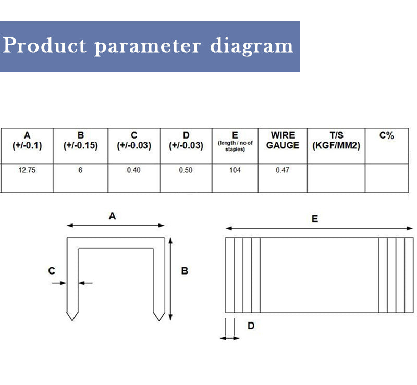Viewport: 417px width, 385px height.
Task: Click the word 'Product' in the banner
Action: (x=44, y=45)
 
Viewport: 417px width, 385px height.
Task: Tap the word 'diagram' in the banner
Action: (x=252, y=46)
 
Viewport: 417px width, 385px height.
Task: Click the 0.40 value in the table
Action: (x=134, y=170)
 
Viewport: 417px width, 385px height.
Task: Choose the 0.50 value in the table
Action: (x=186, y=170)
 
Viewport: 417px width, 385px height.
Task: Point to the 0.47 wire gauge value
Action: (x=283, y=170)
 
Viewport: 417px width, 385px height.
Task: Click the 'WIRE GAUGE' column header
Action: (x=283, y=140)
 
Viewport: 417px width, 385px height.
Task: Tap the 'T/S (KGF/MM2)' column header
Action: (x=336, y=140)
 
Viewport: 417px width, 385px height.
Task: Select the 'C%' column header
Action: (x=387, y=135)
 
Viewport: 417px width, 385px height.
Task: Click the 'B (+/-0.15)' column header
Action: (x=81, y=140)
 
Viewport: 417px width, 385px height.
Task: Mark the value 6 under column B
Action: (x=80, y=170)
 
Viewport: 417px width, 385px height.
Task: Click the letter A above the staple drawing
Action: (x=112, y=216)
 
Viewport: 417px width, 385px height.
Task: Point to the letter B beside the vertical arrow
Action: (x=185, y=271)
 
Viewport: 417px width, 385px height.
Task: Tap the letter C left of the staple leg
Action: (x=52, y=271)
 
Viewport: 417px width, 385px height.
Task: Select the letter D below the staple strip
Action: (x=251, y=326)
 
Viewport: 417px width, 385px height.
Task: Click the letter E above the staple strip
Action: (x=315, y=219)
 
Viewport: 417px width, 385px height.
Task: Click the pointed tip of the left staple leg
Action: (x=72, y=320)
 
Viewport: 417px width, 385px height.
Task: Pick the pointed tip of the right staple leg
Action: (x=159, y=320)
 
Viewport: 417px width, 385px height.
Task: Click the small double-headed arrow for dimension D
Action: (x=230, y=338)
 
